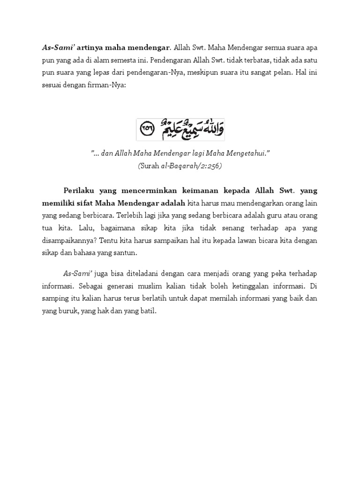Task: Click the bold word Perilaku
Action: (x=80, y=190)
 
